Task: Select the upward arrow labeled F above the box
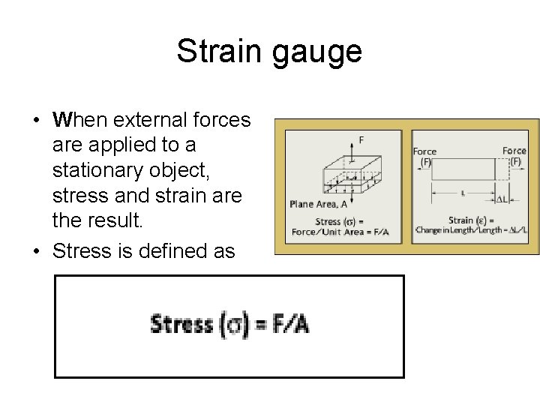(x=351, y=150)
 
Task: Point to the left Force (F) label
(x=424, y=156)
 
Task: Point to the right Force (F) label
(x=514, y=155)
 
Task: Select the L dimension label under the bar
(x=463, y=193)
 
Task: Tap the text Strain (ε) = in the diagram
(x=471, y=220)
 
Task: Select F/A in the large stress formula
(x=289, y=324)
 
